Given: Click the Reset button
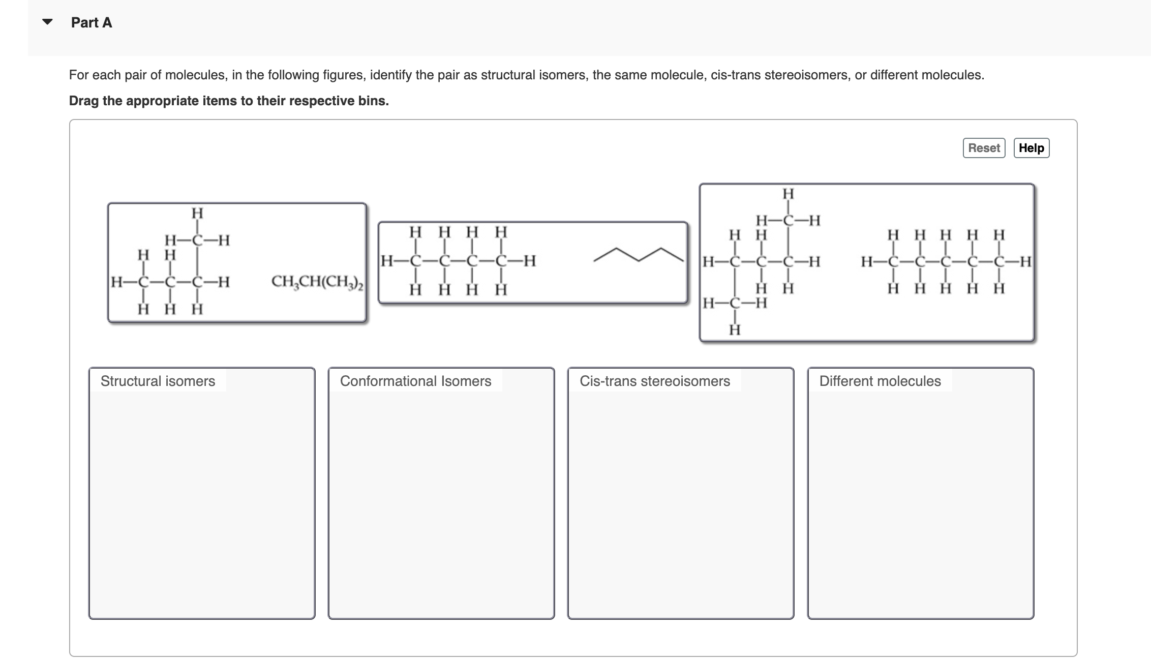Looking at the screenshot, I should pyautogui.click(x=984, y=148).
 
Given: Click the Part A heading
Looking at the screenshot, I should pyautogui.click(x=92, y=22).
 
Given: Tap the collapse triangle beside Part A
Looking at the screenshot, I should pyautogui.click(x=47, y=22).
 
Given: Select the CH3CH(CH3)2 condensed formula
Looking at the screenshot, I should pyautogui.click(x=317, y=281).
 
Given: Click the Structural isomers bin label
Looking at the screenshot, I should pyautogui.click(x=158, y=381).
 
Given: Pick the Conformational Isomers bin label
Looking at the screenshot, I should pyautogui.click(x=415, y=381).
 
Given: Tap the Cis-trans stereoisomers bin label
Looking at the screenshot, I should pyautogui.click(x=655, y=381).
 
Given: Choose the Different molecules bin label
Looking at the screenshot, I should pyautogui.click(x=880, y=381).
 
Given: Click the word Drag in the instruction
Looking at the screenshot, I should pyautogui.click(x=84, y=101).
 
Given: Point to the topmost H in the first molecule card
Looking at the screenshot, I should pyautogui.click(x=197, y=213).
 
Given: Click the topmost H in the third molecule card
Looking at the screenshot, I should pyautogui.click(x=788, y=194).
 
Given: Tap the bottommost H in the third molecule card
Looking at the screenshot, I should pyautogui.click(x=735, y=330).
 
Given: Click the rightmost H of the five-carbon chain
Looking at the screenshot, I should pyautogui.click(x=1025, y=262).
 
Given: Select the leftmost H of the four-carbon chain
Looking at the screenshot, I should pyautogui.click(x=387, y=261).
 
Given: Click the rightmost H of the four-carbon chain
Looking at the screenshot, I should pyautogui.click(x=530, y=261).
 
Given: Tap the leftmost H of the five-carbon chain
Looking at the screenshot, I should pyautogui.click(x=867, y=262).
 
